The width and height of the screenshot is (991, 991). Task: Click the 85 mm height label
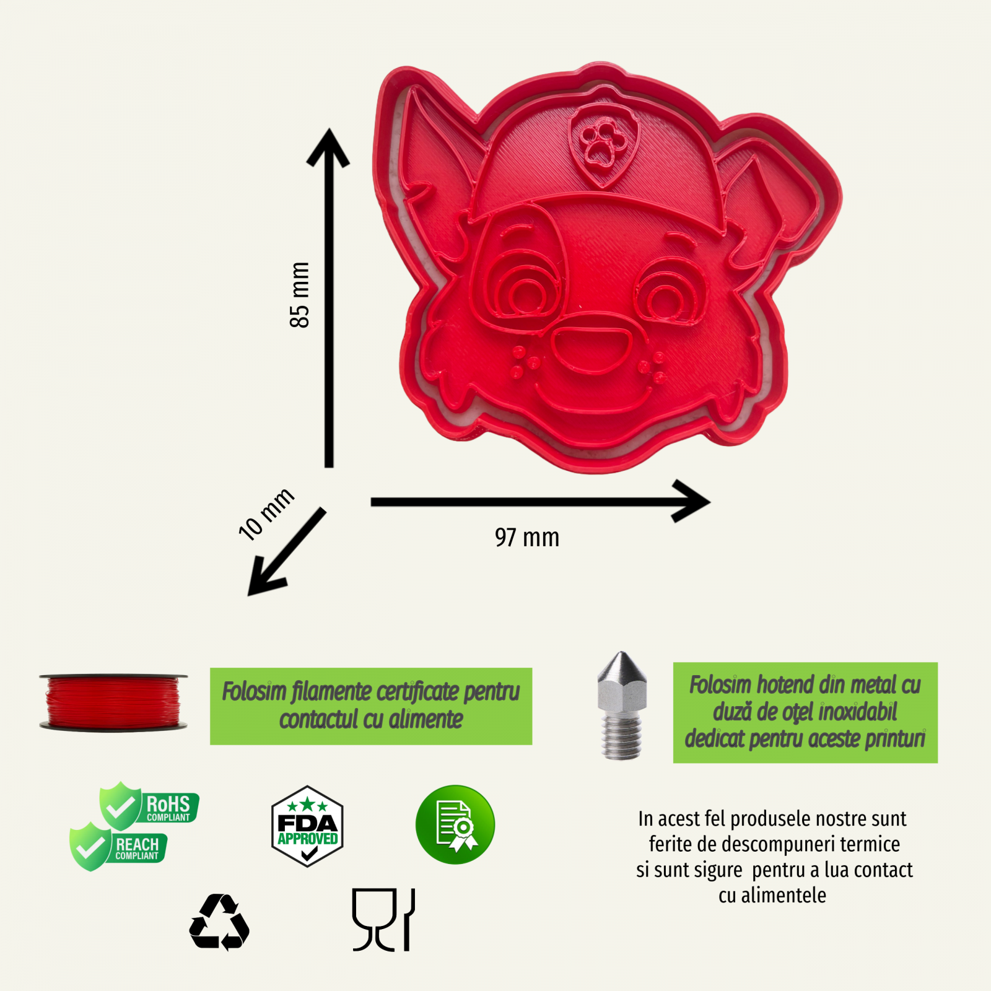point(299,295)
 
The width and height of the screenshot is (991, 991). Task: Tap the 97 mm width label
point(527,538)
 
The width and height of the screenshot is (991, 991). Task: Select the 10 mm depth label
point(266,513)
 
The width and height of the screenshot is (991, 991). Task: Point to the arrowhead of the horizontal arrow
point(691,501)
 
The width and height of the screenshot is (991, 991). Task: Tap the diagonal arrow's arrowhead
point(265,577)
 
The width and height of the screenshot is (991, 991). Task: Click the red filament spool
point(113,702)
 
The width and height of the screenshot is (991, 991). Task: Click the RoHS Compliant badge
point(149,805)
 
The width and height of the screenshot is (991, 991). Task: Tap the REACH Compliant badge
point(118,847)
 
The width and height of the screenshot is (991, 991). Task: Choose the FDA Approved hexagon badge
point(307,826)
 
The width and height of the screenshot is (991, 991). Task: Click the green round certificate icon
point(455,824)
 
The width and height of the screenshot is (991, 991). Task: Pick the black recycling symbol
point(219,922)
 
